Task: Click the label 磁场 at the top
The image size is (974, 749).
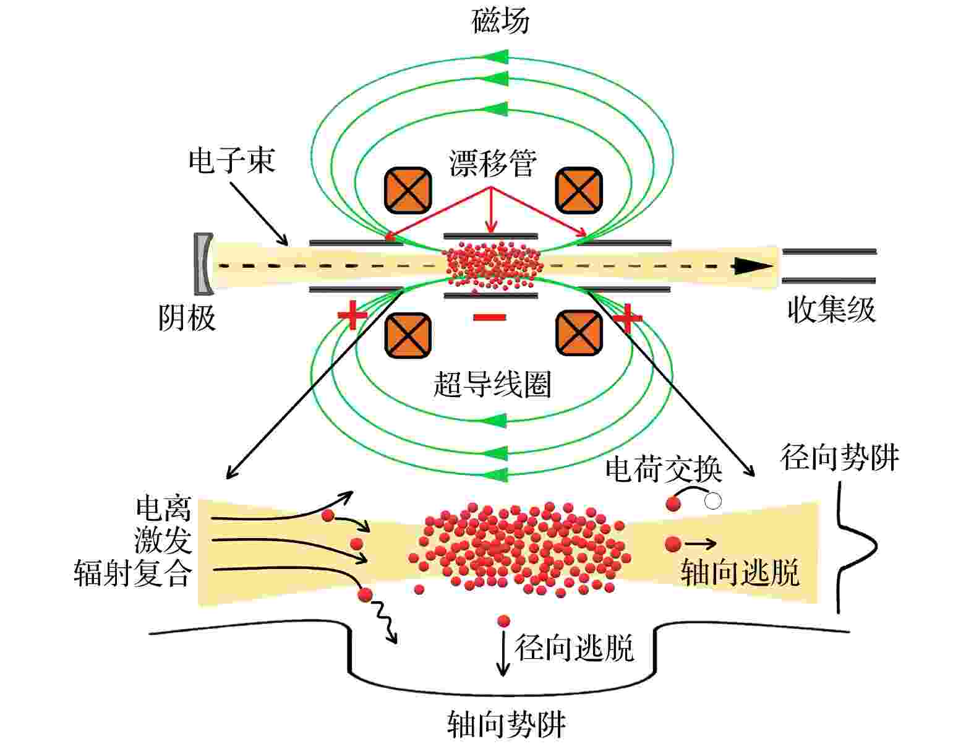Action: coord(500,21)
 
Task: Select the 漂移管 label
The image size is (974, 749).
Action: coord(492,163)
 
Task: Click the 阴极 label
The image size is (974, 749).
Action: coord(187,318)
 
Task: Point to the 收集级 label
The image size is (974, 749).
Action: coord(832,309)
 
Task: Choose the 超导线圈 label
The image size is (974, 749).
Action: coord(492,385)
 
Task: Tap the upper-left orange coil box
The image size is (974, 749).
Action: coord(408,190)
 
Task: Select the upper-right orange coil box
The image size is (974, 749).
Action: coord(579,190)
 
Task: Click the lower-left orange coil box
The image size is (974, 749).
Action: coord(408,335)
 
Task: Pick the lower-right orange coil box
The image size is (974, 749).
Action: coord(579,333)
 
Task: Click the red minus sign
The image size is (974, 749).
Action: coord(489,317)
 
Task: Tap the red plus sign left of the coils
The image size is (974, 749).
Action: coord(352,315)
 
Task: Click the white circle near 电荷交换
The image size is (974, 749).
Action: coord(712,501)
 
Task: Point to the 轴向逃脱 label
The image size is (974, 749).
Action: coord(740,573)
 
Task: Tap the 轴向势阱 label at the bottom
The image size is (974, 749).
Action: coord(506,724)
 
